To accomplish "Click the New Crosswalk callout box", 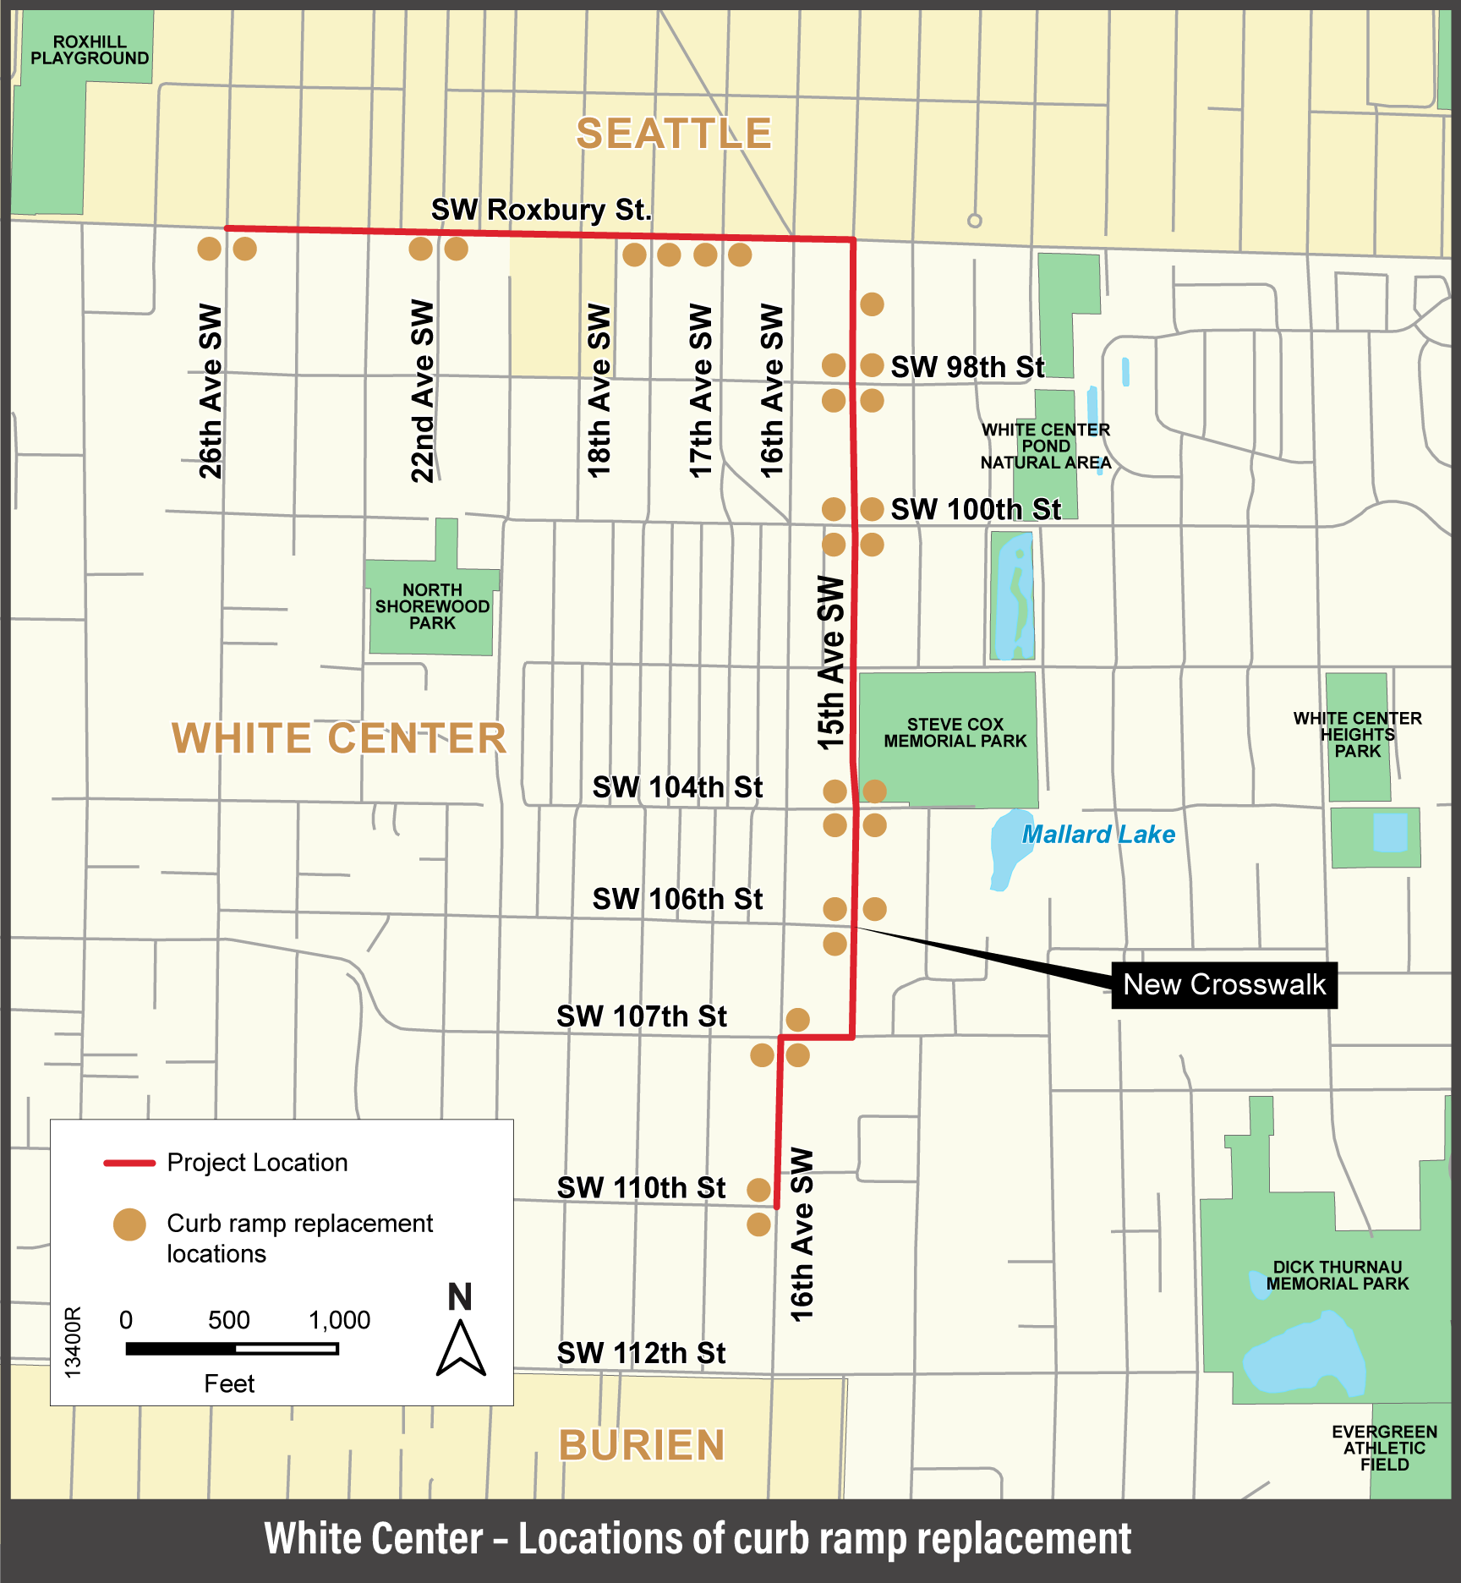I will click(x=1223, y=985).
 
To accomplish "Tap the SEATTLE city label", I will click(x=674, y=134).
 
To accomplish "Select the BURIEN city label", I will click(x=642, y=1445).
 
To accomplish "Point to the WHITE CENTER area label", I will click(x=339, y=738).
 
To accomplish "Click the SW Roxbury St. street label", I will click(x=541, y=210).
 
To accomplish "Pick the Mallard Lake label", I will click(x=1098, y=835).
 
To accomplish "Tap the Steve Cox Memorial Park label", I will click(x=955, y=733).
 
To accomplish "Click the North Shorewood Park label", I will click(x=432, y=606).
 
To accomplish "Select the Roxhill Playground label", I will click(x=90, y=50).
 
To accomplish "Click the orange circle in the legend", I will click(x=129, y=1224).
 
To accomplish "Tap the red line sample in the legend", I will click(x=129, y=1164).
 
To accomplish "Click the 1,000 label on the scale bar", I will click(x=339, y=1320).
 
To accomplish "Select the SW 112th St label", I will click(x=641, y=1353).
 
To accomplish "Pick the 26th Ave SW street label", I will click(x=210, y=392).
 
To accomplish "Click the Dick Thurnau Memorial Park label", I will click(x=1337, y=1275).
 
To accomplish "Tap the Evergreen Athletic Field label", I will click(x=1384, y=1448).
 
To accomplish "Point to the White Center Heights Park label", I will click(x=1357, y=734).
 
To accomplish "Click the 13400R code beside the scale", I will click(x=74, y=1341).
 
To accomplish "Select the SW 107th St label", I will click(x=641, y=1016).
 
